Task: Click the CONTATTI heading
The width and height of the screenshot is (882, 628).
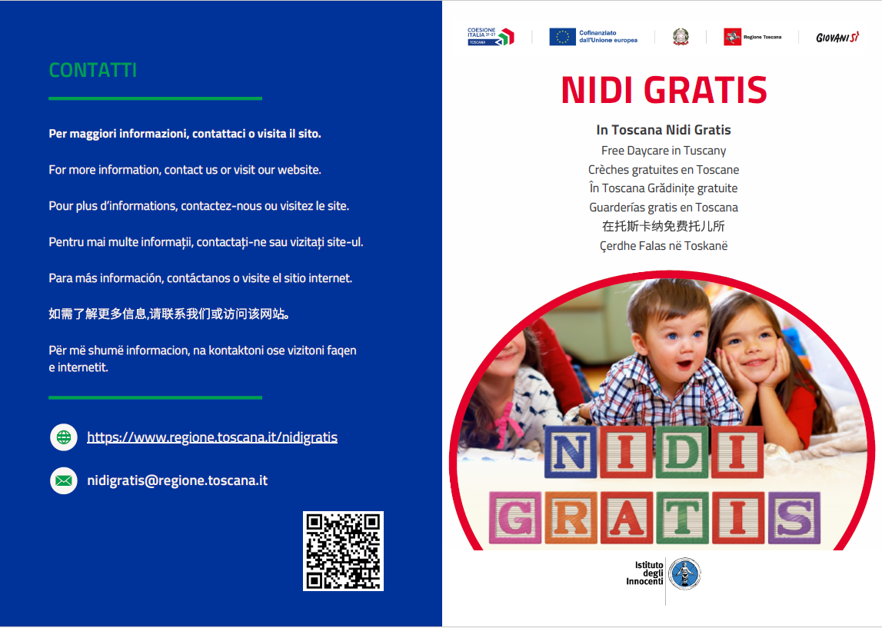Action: [93, 70]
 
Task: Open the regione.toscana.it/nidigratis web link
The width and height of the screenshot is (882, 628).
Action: [212, 437]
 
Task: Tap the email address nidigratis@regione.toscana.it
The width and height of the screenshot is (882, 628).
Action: [177, 480]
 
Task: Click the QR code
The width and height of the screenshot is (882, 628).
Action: [343, 551]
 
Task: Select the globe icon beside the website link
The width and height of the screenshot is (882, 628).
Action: [64, 437]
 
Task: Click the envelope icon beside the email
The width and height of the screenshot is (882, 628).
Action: [64, 481]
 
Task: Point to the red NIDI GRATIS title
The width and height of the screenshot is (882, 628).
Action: [664, 90]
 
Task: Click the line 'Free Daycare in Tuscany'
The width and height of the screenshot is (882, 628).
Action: [664, 151]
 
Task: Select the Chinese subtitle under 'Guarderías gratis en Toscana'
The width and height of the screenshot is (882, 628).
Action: [664, 226]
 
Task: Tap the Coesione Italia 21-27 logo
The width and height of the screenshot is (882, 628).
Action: [491, 36]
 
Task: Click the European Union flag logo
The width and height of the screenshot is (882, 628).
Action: [562, 36]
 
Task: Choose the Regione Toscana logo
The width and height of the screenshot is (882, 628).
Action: [752, 37]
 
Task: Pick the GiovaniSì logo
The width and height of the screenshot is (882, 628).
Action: [837, 37]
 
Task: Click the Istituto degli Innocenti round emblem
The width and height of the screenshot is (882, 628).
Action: [684, 573]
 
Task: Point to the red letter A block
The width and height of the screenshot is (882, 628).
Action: [626, 518]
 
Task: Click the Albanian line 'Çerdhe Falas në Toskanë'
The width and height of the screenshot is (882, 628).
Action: [664, 246]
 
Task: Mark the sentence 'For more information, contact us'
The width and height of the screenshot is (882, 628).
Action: [185, 170]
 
